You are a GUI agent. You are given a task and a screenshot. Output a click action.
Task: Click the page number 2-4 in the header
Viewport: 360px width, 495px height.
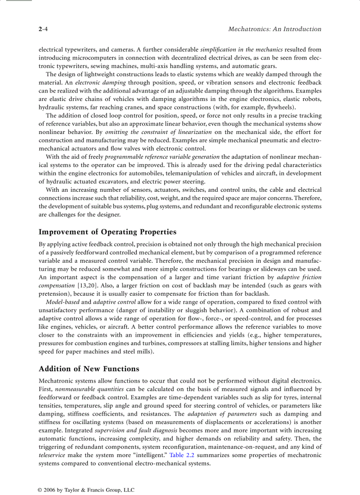point(43,29)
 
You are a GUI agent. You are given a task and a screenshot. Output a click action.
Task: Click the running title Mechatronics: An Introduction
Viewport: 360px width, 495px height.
point(274,29)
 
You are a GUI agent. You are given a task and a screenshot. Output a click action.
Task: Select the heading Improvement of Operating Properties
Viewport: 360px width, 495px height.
point(107,232)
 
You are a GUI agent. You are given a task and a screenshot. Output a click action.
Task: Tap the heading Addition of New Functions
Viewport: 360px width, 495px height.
point(89,369)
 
